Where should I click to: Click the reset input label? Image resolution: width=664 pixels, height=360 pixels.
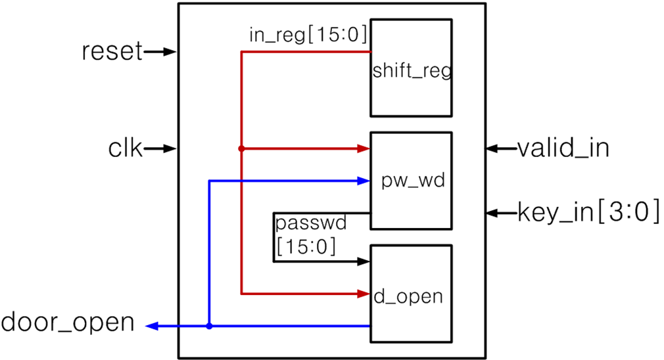112,52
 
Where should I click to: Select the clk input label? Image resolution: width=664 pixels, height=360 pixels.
125,149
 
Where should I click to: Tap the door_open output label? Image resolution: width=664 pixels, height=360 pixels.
68,323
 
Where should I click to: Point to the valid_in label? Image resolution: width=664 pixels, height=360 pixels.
563,148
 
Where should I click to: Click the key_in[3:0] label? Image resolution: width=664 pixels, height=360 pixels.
588,213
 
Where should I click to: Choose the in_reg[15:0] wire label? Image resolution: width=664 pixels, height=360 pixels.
307,34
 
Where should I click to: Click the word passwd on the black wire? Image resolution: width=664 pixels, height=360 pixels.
310,225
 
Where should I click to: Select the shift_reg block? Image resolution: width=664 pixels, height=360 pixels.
411,68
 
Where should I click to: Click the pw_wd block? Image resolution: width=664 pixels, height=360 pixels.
411,181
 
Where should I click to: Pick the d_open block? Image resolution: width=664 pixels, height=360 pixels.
411,294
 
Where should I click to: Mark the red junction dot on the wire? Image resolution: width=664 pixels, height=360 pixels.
241,149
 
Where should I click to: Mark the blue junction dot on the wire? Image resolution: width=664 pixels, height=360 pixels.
209,326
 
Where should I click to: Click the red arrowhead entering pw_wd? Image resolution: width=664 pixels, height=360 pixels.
364,149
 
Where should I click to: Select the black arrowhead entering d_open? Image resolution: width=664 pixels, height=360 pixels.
364,261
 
